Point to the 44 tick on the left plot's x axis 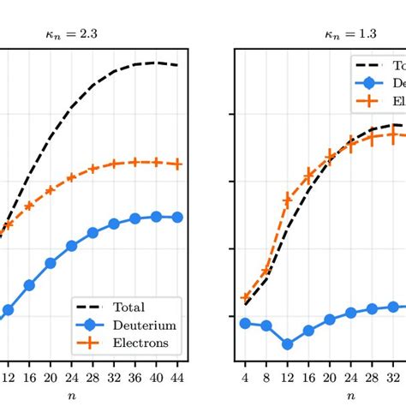[x=177, y=376]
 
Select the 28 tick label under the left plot [x=93, y=376]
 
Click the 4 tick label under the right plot [x=246, y=376]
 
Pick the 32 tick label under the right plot [x=392, y=376]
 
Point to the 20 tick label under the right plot [x=330, y=376]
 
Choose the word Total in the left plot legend [x=128, y=307]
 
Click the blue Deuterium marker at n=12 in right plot [x=288, y=344]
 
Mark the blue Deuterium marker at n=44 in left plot [x=177, y=218]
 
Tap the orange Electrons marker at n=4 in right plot [x=246, y=297]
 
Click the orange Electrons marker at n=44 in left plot [x=177, y=163]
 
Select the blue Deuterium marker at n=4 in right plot [x=246, y=323]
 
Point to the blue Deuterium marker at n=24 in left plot [x=72, y=246]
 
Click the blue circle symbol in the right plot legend [x=369, y=84]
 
